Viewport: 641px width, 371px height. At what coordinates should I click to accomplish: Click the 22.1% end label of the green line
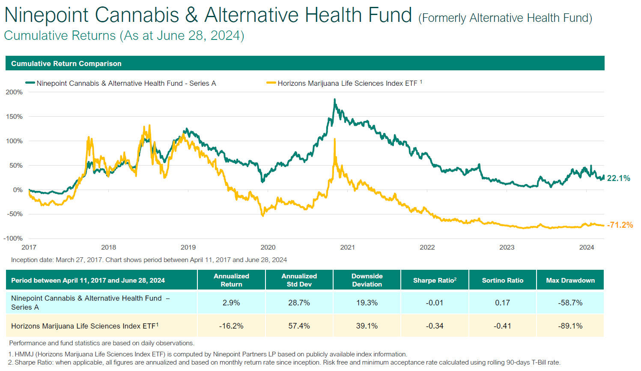click(x=618, y=178)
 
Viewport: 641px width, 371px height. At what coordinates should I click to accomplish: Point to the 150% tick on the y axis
click(x=14, y=117)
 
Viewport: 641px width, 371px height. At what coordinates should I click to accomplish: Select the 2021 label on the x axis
click(x=347, y=247)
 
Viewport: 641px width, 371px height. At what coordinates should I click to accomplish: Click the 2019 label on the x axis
click(x=188, y=247)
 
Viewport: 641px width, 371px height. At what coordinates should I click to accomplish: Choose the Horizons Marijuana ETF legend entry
click(x=347, y=83)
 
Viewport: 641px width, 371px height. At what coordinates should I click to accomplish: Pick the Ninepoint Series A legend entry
click(x=126, y=83)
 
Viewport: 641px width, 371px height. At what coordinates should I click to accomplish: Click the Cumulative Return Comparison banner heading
click(x=66, y=63)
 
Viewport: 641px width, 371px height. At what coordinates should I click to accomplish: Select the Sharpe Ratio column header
click(x=435, y=281)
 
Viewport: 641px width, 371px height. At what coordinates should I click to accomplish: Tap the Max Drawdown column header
click(x=570, y=281)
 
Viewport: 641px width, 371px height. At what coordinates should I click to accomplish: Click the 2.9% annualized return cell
click(x=231, y=303)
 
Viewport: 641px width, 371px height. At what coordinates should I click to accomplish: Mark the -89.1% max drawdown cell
click(x=570, y=326)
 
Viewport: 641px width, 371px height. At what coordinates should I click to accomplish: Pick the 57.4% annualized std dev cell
click(x=299, y=326)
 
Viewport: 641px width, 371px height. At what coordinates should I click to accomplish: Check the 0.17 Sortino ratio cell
click(x=502, y=303)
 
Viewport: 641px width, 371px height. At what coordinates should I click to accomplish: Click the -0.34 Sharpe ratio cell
click(x=435, y=326)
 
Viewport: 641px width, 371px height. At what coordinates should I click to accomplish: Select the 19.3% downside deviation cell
click(x=367, y=303)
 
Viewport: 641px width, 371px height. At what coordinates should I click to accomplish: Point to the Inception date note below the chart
click(x=149, y=260)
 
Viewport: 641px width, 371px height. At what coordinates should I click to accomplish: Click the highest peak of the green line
click(x=334, y=100)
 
